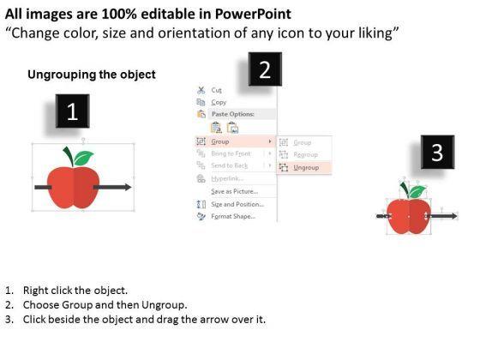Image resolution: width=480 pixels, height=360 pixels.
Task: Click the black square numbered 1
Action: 73,111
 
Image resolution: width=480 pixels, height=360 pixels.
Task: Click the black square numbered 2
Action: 265,70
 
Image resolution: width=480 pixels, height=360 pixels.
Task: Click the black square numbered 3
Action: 437,153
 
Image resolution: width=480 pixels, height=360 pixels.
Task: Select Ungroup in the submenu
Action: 307,167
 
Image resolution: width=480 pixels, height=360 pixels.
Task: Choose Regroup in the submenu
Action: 304,154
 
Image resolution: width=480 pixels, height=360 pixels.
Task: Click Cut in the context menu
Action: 216,89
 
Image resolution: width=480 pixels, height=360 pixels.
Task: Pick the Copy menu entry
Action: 219,102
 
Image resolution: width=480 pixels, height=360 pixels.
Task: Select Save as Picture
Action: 234,190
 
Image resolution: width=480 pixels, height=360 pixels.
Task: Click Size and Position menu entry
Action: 237,203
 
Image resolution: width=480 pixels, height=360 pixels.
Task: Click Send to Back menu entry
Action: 229,165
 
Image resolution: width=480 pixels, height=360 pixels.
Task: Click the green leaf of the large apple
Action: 82,158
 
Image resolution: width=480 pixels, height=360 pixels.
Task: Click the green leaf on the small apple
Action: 416,190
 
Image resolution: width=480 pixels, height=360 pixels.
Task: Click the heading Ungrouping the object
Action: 92,75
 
